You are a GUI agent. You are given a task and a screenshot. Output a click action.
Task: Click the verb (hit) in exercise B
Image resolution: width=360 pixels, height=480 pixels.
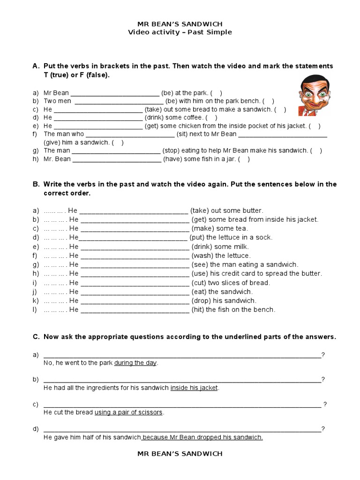click(200, 309)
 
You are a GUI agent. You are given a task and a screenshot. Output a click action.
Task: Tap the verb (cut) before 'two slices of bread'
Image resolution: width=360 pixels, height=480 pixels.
click(200, 283)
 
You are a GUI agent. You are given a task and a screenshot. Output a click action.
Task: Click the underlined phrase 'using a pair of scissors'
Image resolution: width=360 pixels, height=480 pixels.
click(128, 412)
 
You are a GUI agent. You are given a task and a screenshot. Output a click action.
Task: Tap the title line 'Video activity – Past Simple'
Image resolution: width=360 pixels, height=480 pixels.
click(180, 32)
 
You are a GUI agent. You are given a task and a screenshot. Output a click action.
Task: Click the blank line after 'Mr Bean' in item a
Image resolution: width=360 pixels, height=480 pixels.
click(114, 93)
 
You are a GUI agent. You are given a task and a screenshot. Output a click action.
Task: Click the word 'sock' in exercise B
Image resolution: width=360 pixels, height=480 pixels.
click(265, 238)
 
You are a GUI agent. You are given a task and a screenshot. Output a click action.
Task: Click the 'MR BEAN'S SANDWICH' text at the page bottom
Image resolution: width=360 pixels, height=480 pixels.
click(180, 453)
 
